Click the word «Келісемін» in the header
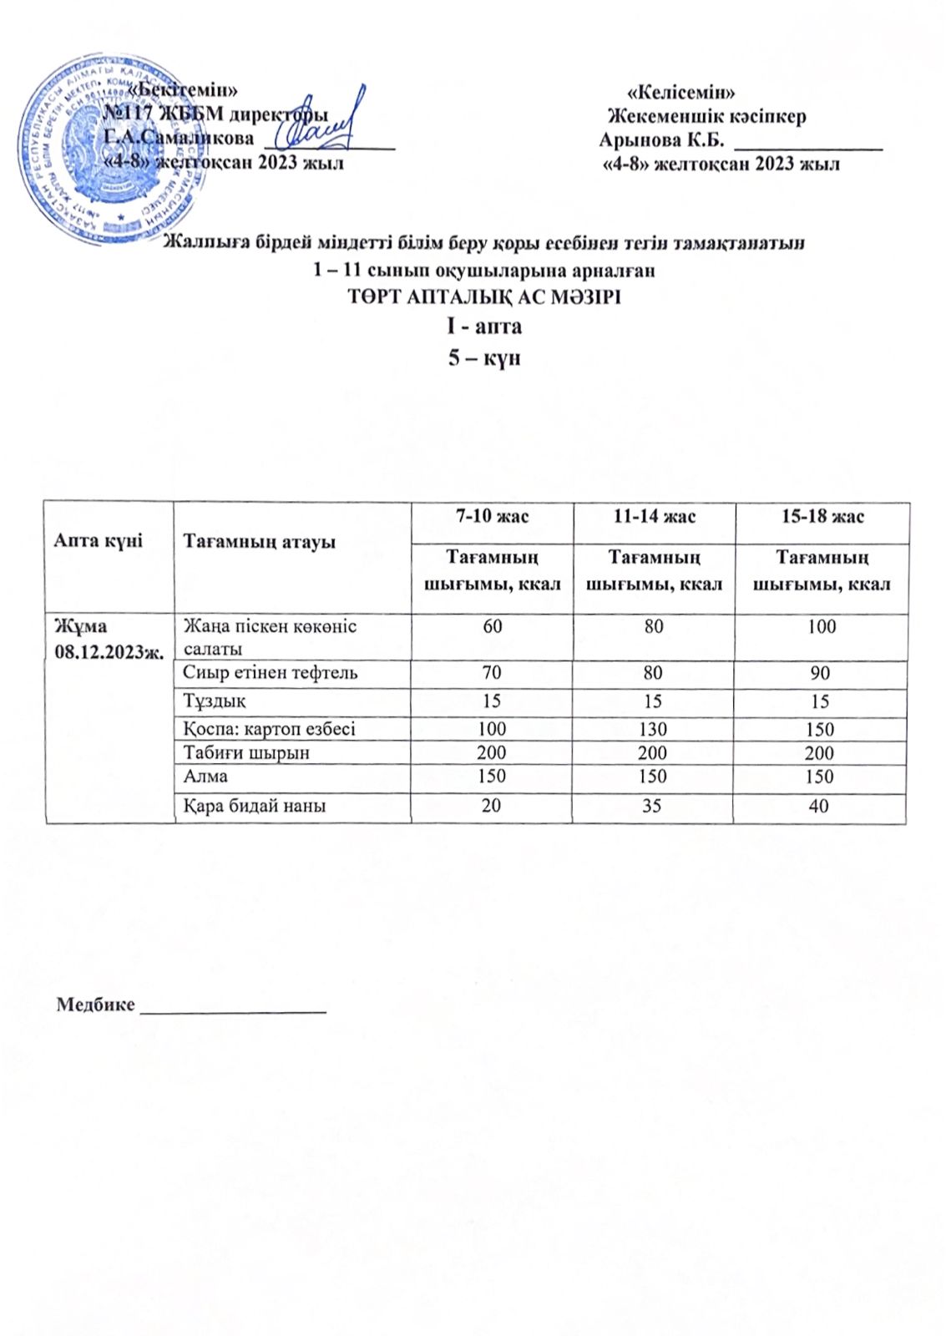(x=680, y=93)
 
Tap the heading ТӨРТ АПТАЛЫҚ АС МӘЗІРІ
(x=484, y=297)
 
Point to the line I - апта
(x=485, y=326)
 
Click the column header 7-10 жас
(x=492, y=517)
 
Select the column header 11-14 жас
(x=655, y=517)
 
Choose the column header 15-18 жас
(x=822, y=517)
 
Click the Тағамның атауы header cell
(x=259, y=542)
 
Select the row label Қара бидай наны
(x=255, y=806)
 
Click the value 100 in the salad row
(x=822, y=627)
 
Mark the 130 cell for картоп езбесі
(x=653, y=729)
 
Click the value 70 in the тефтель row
(x=492, y=673)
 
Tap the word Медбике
(x=94, y=1005)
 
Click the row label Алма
(x=205, y=777)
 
